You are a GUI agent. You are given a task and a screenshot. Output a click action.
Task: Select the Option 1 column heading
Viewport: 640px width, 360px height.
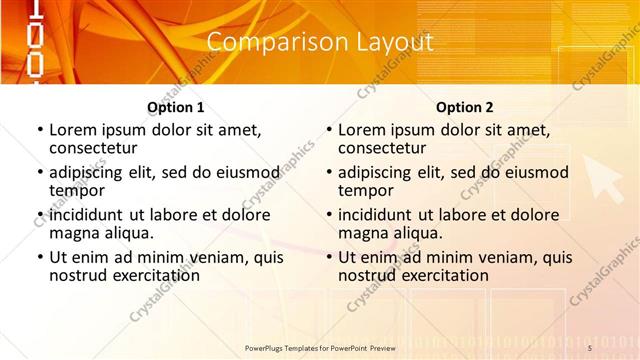[176, 107]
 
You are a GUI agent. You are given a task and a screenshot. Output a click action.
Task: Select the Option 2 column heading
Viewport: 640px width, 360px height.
[465, 107]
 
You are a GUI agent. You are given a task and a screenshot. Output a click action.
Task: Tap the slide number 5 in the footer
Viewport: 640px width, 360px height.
[590, 347]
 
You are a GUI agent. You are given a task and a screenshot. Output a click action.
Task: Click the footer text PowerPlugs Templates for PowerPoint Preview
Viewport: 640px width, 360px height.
[320, 347]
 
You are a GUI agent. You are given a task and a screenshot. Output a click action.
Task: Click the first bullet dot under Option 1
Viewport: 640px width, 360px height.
[40, 131]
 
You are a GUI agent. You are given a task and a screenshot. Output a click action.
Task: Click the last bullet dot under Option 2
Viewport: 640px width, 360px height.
[329, 257]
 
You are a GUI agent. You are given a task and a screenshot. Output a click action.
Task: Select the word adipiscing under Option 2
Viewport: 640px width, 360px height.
[375, 172]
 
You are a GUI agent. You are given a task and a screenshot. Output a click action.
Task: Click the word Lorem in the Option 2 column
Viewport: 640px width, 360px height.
[362, 130]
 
